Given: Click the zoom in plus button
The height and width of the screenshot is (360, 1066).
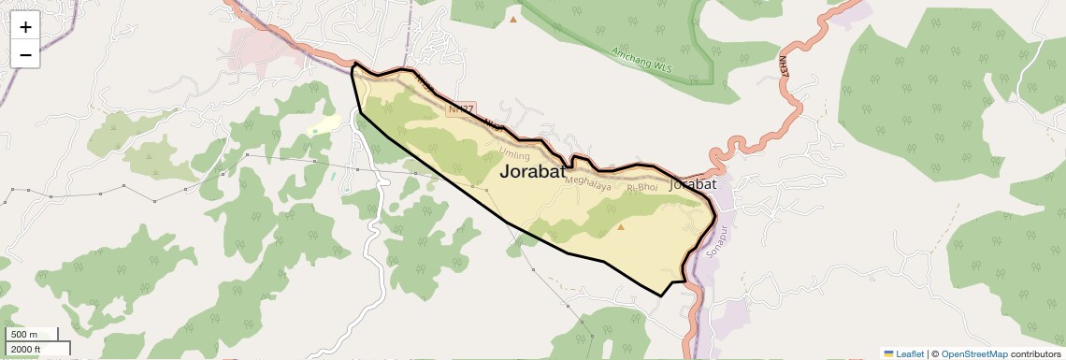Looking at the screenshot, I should (x=25, y=27).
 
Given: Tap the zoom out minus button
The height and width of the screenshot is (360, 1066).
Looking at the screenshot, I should (x=25, y=55).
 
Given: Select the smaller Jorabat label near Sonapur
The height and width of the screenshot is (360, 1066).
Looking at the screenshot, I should (x=694, y=185).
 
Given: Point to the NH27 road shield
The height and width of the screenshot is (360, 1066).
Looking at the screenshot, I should (x=462, y=109).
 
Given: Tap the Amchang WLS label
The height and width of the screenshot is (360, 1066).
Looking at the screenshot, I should (x=641, y=59).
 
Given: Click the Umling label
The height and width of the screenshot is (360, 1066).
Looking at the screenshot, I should (x=514, y=154).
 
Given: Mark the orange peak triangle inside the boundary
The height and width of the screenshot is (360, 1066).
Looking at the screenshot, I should (x=621, y=226).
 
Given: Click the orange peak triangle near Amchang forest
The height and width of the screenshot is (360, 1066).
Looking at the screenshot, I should (x=512, y=19).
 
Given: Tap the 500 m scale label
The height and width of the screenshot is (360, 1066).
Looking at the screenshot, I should (x=24, y=335).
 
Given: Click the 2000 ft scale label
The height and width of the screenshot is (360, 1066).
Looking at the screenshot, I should (x=26, y=349).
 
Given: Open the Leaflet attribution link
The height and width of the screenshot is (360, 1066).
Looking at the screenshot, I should (x=910, y=353).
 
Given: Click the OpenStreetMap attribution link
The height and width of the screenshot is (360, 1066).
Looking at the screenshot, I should (x=973, y=353).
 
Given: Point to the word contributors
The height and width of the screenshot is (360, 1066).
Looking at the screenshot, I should (x=1036, y=353).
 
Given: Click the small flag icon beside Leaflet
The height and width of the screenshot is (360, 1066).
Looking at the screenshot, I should (x=888, y=353).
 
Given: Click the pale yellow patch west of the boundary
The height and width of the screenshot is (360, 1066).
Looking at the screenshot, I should (x=324, y=124).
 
